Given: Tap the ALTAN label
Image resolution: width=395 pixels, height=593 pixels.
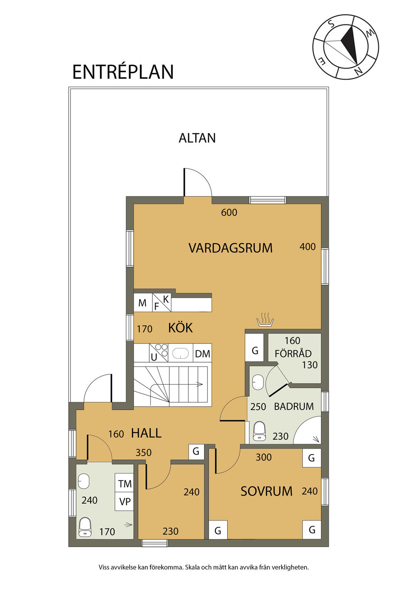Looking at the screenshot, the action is coord(197,138).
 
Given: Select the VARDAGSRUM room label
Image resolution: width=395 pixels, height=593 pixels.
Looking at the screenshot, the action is coord(230,248).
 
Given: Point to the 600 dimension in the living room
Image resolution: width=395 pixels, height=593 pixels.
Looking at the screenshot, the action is coord(229,212).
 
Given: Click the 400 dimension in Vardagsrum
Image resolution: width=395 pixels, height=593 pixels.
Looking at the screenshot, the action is coord(308,247).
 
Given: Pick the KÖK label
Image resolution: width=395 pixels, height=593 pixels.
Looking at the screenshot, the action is coord(181,328).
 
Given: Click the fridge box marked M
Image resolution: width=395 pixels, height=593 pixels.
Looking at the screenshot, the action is coord(143,303).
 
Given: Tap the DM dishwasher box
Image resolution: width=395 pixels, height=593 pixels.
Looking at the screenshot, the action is coord(203,353).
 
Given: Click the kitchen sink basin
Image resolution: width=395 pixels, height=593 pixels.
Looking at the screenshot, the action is coord(181,353).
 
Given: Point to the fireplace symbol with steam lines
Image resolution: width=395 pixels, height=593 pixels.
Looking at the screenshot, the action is coord(265,319).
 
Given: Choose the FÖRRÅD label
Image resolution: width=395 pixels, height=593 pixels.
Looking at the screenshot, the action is coord(293,354).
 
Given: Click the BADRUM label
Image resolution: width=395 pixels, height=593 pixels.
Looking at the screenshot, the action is coord(294,407).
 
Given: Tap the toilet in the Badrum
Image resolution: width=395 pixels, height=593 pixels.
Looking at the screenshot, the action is coord(259,432).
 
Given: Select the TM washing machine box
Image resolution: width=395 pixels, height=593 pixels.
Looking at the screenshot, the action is coord(124,484).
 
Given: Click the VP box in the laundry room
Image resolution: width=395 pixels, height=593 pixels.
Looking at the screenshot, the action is coord(124,502).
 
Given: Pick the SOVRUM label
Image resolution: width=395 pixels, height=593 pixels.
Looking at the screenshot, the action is coord(267,491).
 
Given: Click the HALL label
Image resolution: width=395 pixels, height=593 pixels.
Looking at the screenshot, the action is coord(146,433).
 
